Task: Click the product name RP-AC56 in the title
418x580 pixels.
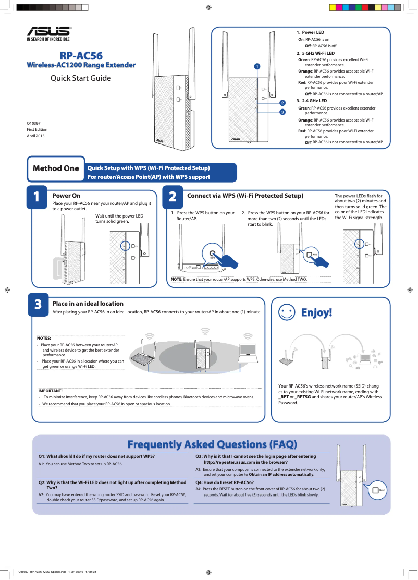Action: point(81,55)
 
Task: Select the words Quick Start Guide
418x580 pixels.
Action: point(80,78)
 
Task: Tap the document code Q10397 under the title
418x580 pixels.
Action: point(34,123)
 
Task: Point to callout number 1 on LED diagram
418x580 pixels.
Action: point(256,66)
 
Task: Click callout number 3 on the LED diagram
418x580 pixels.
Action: point(282,112)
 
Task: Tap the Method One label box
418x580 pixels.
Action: point(56,168)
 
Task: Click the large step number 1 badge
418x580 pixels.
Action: point(36,197)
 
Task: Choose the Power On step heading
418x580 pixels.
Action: point(66,196)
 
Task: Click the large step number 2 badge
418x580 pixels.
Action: point(173,197)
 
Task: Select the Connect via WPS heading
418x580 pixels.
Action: point(245,196)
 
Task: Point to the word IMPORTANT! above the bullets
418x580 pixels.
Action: point(51,391)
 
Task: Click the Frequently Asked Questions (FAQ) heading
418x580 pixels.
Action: point(212,444)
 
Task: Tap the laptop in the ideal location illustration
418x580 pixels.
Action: point(248,353)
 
